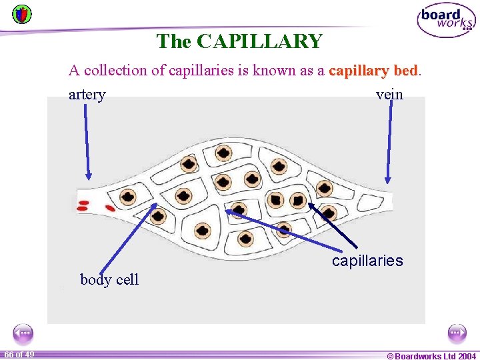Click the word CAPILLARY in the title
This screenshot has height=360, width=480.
tap(260, 41)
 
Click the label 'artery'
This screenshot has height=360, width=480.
tap(87, 95)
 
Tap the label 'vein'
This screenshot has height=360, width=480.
tap(389, 95)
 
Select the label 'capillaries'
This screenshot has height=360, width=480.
tap(367, 261)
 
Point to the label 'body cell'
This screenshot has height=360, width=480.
tap(109, 280)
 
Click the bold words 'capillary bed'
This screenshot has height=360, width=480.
tap(373, 71)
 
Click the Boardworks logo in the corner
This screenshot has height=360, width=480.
tap(446, 21)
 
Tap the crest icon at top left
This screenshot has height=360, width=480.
tap(21, 13)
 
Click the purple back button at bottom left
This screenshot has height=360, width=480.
tap(23, 333)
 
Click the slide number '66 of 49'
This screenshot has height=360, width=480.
tap(19, 354)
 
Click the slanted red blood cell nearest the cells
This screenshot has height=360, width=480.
tap(110, 208)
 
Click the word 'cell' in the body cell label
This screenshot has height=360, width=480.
tap(127, 280)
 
